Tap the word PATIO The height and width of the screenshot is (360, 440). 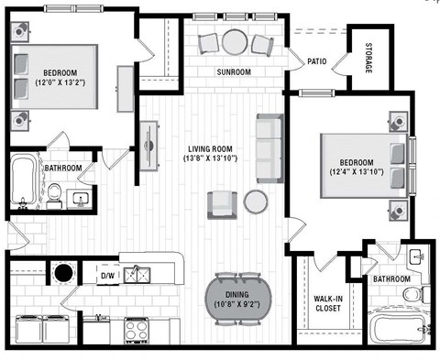317,61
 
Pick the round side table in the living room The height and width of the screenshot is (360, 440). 255,202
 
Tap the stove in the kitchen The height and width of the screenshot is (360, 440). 138,330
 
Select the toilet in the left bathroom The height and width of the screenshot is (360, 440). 55,194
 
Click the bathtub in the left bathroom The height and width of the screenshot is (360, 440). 23,180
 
